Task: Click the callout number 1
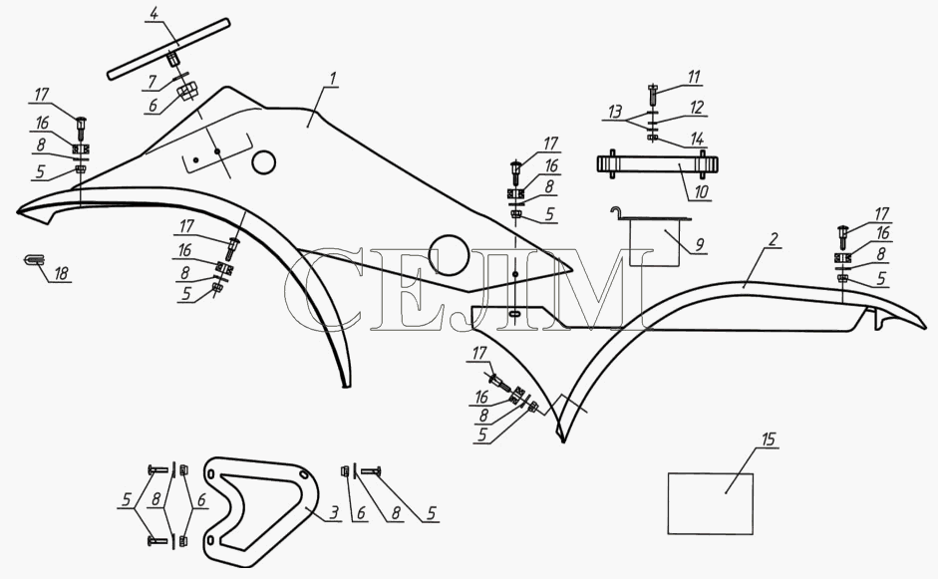click(333, 79)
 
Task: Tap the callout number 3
click(334, 512)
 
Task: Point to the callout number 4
click(154, 14)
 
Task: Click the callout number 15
click(769, 439)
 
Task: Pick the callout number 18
click(61, 274)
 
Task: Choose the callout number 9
click(699, 244)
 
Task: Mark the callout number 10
click(701, 191)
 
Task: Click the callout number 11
click(694, 77)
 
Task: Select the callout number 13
click(615, 112)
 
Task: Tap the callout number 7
click(152, 82)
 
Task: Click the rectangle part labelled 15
click(710, 503)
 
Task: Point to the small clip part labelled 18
click(35, 259)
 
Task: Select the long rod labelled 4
click(168, 49)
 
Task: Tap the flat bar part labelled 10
click(658, 164)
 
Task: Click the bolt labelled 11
click(653, 95)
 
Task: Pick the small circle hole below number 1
click(263, 162)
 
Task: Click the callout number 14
click(697, 140)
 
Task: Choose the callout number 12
click(697, 108)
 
